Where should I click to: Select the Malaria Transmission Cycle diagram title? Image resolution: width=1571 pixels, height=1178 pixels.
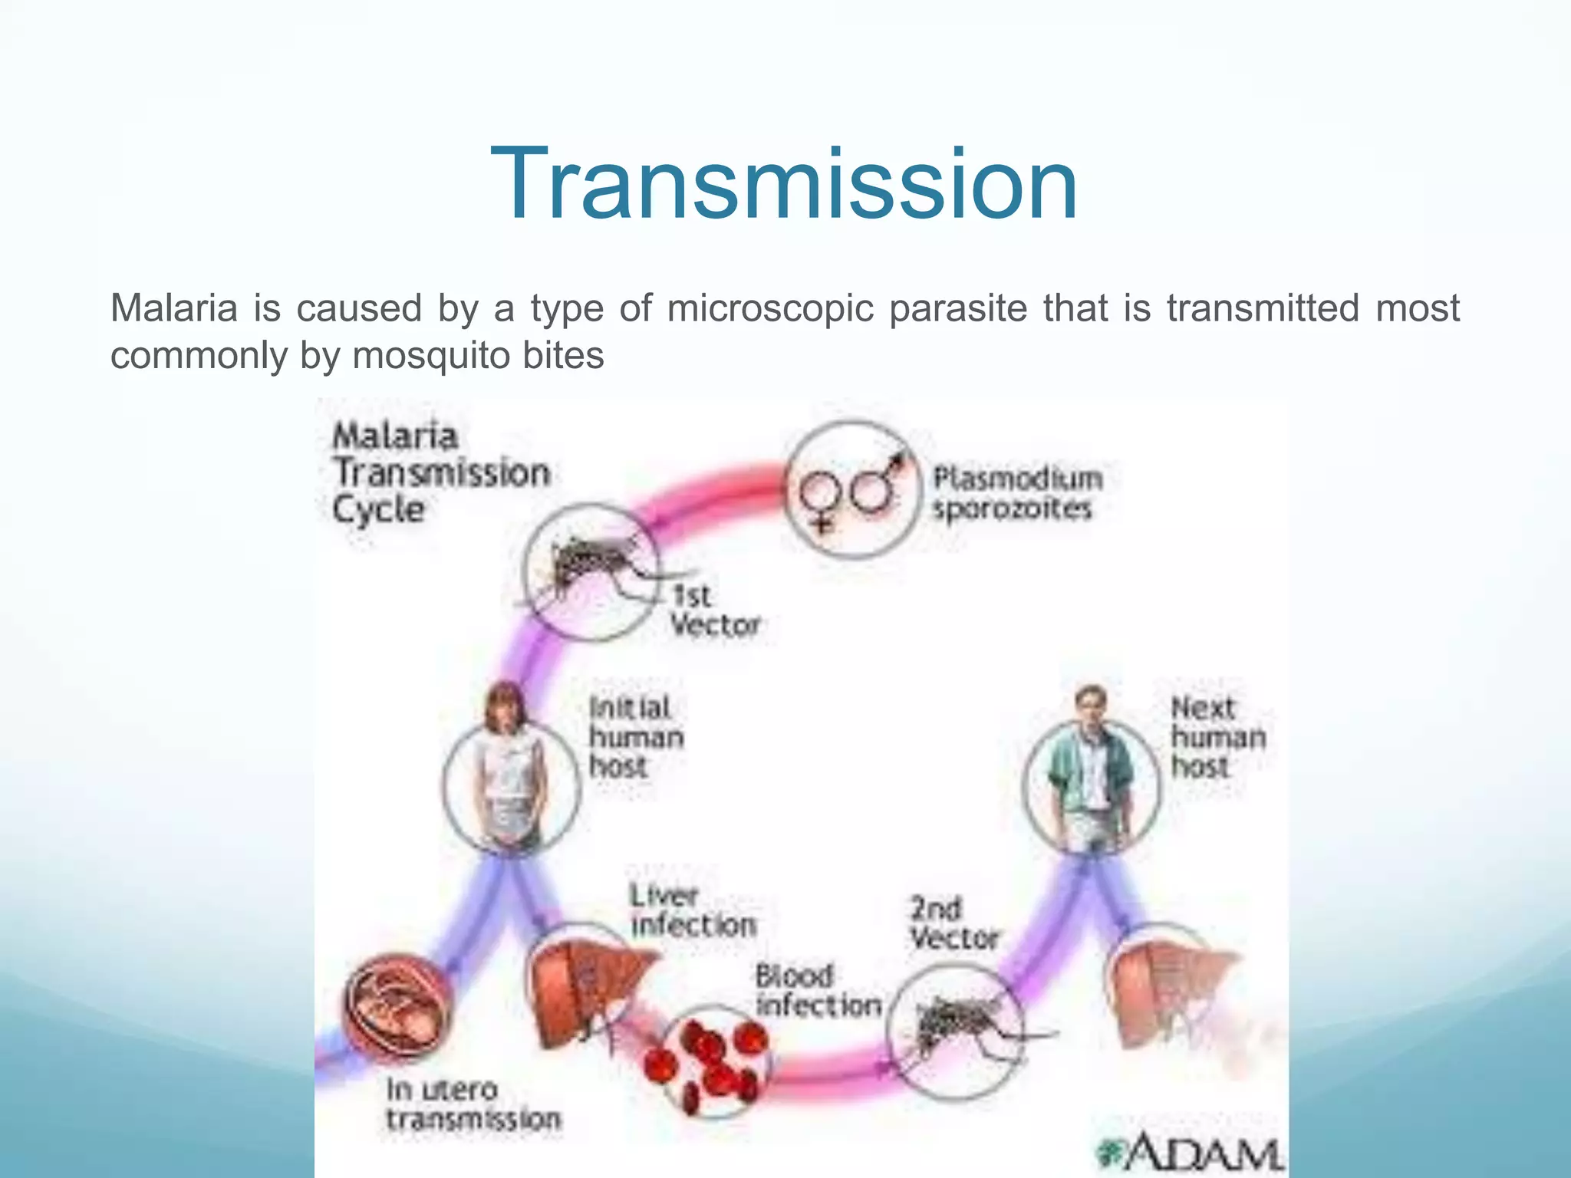coord(440,472)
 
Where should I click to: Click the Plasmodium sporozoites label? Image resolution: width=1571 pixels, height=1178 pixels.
coord(1016,493)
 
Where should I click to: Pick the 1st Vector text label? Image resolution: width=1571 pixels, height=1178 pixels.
coord(713,610)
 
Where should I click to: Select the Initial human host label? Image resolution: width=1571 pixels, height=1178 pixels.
coord(636,737)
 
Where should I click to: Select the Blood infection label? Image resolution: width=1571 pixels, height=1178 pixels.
coord(817,991)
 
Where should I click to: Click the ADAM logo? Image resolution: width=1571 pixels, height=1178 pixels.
coord(1193,1150)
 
